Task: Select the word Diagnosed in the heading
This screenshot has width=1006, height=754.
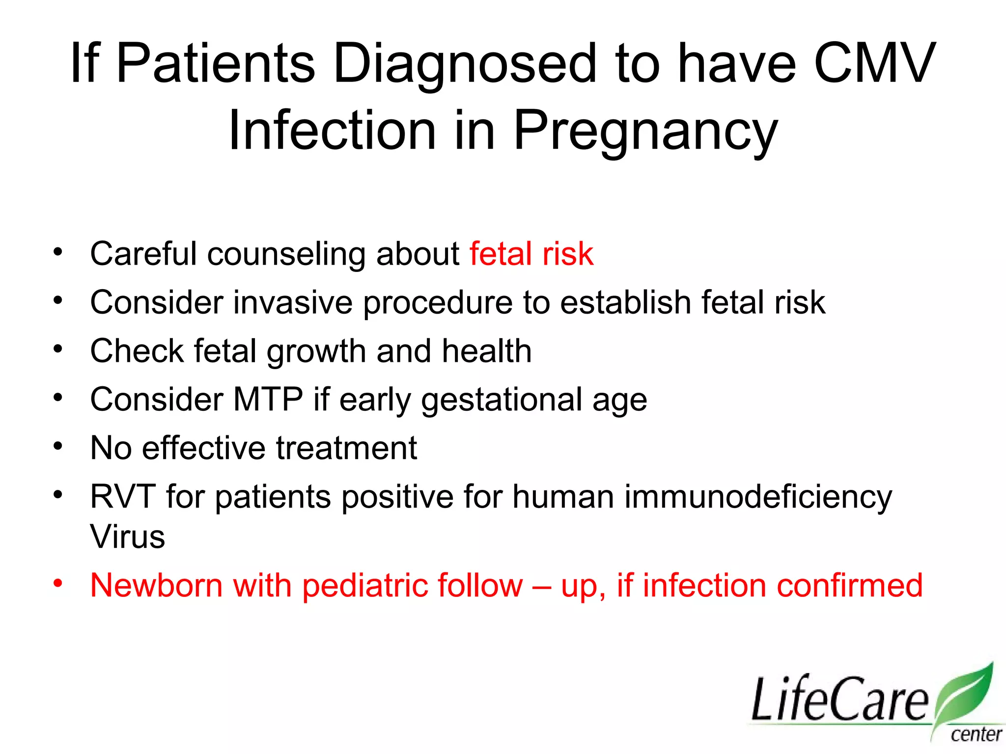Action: click(x=464, y=64)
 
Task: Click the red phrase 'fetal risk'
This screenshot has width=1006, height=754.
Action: click(x=531, y=254)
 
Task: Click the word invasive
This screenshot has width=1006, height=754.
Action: click(x=293, y=302)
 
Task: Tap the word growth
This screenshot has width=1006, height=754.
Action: click(x=317, y=352)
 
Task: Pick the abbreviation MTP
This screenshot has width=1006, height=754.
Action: click(x=268, y=399)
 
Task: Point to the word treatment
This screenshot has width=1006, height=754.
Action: click(x=346, y=448)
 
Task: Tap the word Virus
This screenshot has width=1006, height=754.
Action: click(x=127, y=537)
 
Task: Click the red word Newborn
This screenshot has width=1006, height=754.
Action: click(x=156, y=585)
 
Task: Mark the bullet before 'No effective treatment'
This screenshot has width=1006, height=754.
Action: click(x=58, y=446)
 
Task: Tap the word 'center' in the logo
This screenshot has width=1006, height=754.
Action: click(x=975, y=735)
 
